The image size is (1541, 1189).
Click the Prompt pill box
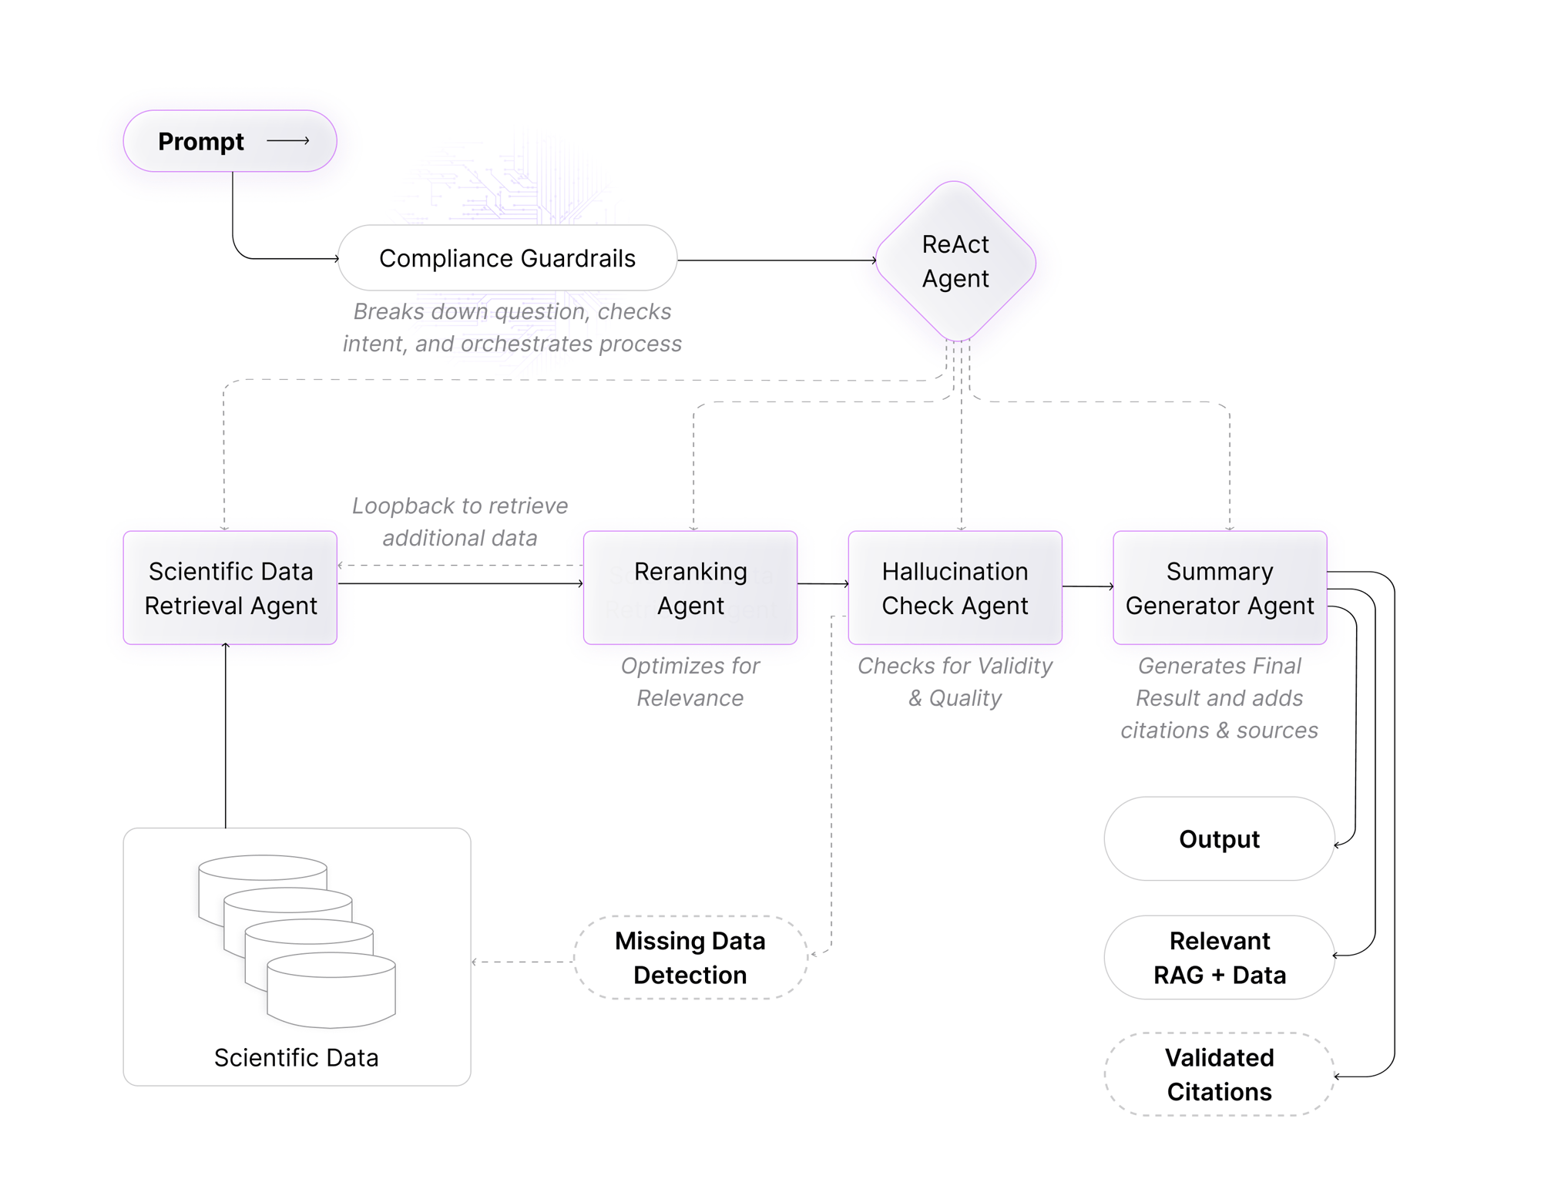[230, 141]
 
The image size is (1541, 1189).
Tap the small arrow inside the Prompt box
[288, 141]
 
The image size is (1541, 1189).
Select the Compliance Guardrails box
[507, 258]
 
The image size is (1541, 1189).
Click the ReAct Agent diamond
[955, 261]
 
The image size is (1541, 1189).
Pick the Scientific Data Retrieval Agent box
[230, 587]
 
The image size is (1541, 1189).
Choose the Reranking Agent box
[690, 587]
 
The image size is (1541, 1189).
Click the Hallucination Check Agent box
[954, 587]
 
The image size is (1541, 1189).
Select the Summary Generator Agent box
[1219, 587]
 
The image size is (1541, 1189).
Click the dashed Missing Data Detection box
[690, 957]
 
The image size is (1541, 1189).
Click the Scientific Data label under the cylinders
[296, 1057]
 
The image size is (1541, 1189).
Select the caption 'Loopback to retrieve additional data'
[460, 522]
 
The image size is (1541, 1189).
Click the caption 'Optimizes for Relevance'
[690, 681]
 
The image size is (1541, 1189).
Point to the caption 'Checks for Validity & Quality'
[954, 681]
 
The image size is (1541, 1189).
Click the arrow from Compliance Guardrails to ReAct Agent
[777, 260]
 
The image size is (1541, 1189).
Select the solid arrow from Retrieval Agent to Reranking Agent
[460, 583]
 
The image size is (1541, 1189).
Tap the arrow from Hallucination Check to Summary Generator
[1087, 586]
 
